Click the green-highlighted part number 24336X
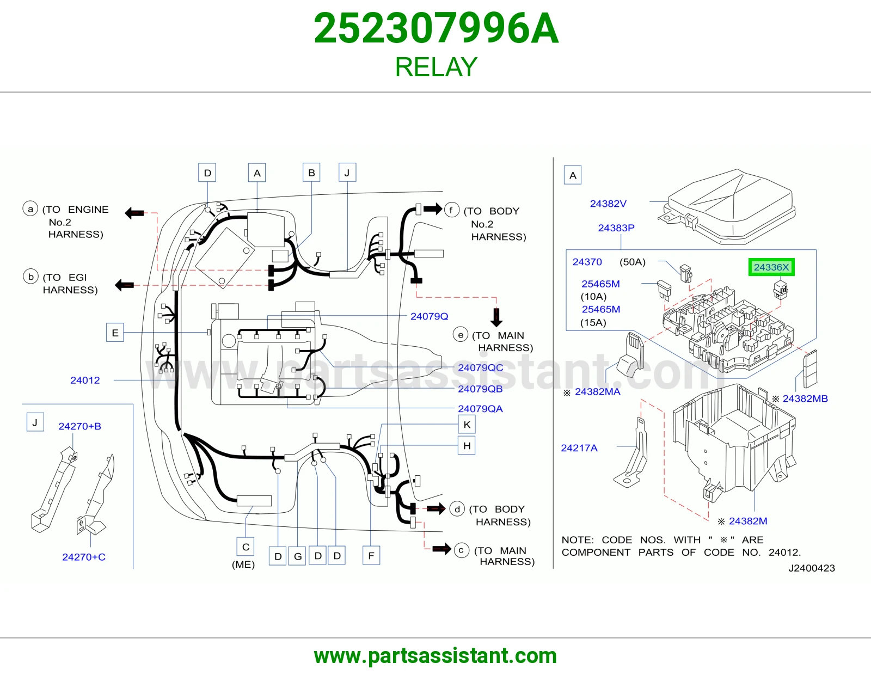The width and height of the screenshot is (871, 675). click(771, 267)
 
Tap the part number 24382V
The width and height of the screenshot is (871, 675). click(608, 204)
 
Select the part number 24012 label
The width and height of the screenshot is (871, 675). click(85, 380)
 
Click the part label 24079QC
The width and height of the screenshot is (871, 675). click(480, 367)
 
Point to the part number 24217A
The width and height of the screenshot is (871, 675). click(579, 447)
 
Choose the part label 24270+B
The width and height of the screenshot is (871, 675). click(80, 426)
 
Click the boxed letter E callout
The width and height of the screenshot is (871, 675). click(115, 333)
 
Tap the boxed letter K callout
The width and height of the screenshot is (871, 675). click(467, 425)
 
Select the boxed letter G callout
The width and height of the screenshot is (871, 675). click(297, 556)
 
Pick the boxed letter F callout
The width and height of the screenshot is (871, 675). click(371, 556)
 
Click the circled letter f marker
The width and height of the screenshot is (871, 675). click(451, 210)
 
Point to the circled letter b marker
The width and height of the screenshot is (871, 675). click(31, 277)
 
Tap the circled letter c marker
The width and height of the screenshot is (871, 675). click(461, 550)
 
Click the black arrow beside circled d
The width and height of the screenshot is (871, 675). click(436, 508)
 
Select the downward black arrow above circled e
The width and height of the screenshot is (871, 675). click(496, 317)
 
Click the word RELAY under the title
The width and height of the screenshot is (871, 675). click(436, 67)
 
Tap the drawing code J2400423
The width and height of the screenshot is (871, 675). click(812, 568)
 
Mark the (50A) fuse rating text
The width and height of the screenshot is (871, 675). click(633, 262)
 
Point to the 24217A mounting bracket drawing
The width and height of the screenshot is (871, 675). click(630, 452)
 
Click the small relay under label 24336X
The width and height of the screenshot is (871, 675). click(781, 290)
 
